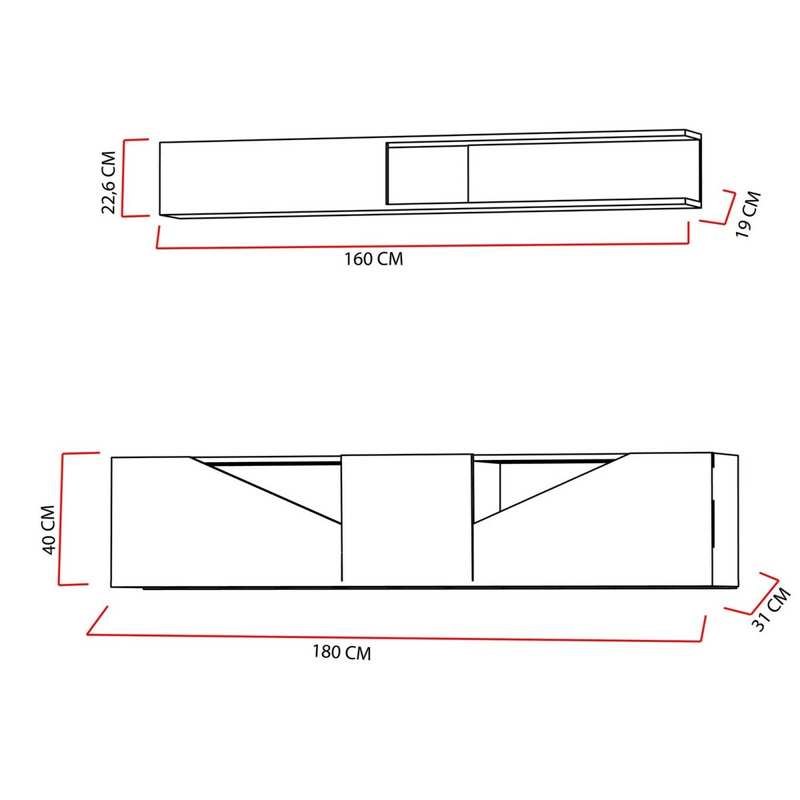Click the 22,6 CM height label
tap(109, 182)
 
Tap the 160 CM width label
tap(373, 259)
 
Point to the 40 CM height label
tap(49, 530)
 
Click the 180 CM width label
tap(341, 652)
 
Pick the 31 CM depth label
tap(771, 609)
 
